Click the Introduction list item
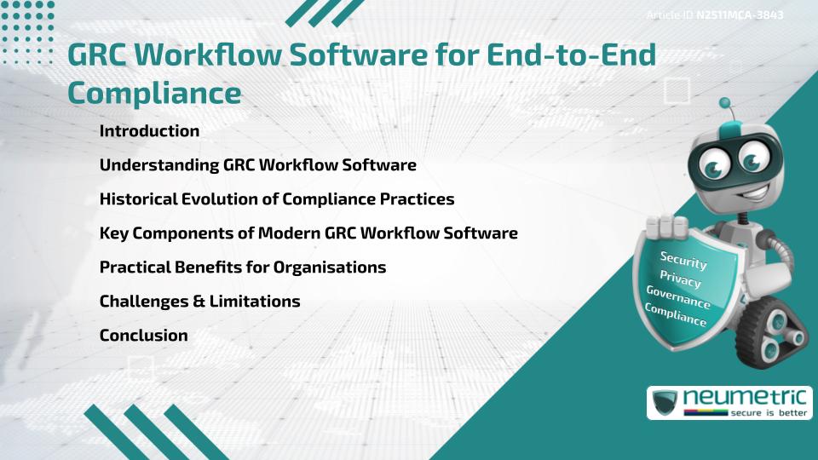coord(149,131)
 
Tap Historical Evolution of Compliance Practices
coord(276,199)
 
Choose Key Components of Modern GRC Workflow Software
coord(308,233)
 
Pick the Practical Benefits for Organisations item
coord(242,267)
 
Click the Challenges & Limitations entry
coord(199,302)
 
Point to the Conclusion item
coord(143,336)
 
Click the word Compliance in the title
coord(153,93)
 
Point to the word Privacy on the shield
coord(680,279)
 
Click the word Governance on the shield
coord(678,297)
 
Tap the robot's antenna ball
coord(725,103)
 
